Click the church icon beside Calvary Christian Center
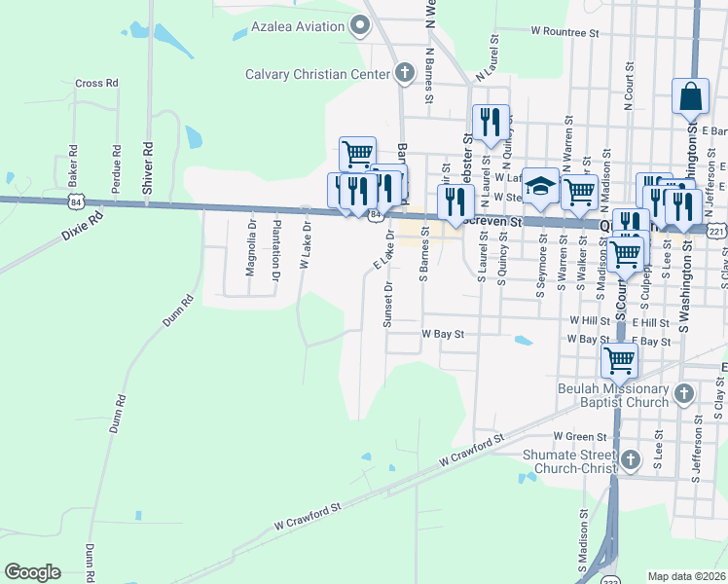point(405,72)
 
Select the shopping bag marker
point(690,97)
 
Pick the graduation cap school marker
point(540,187)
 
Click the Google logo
point(32,572)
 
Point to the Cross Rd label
point(96,84)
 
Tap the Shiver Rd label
point(148,167)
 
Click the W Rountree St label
point(564,32)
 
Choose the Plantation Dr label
point(276,248)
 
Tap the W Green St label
point(579,437)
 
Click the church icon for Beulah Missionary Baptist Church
point(683,394)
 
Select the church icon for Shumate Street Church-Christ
point(631,458)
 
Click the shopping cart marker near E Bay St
point(620,359)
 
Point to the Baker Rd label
point(72,166)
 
